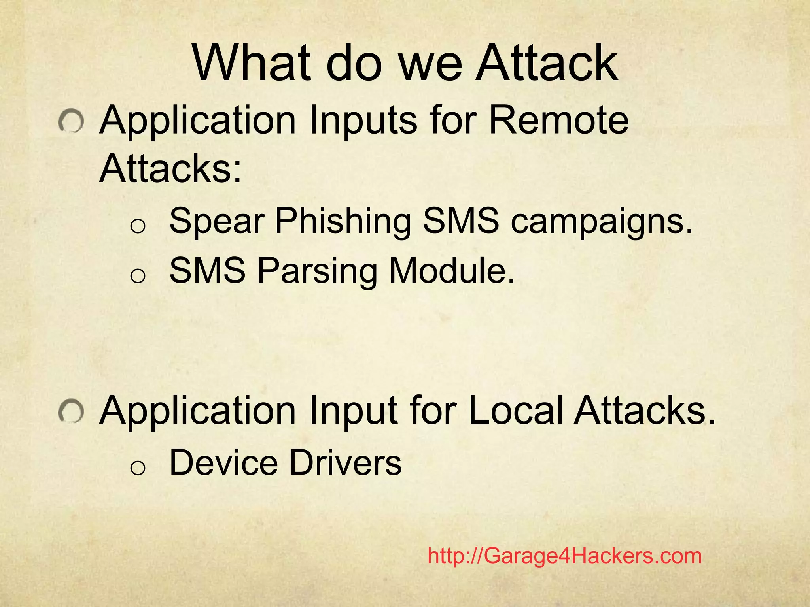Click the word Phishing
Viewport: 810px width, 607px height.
click(x=343, y=221)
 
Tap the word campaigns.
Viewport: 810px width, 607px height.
click(x=602, y=221)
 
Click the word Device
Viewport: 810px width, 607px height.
click(x=224, y=463)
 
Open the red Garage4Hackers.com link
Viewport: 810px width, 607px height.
click(x=564, y=556)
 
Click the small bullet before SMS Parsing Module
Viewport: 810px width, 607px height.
click(x=138, y=276)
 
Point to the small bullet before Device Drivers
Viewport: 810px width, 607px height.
click(x=138, y=468)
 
